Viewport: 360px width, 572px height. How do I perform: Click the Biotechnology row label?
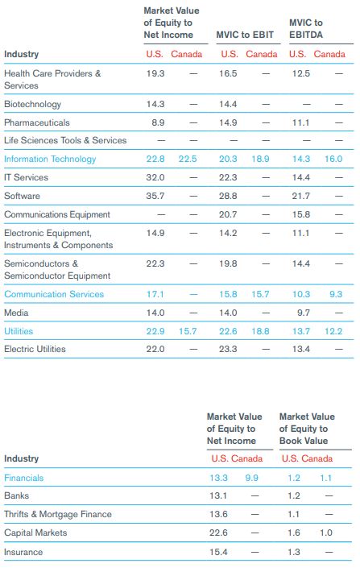(x=32, y=105)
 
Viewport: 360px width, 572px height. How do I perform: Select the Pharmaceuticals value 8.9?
(x=158, y=122)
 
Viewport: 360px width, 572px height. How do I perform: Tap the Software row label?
(x=22, y=196)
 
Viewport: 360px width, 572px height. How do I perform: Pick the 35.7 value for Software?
(x=155, y=196)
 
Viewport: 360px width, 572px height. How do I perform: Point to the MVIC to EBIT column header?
(x=245, y=35)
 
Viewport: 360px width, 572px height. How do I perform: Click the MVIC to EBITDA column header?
(x=306, y=29)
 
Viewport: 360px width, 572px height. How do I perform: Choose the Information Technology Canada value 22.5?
(x=188, y=159)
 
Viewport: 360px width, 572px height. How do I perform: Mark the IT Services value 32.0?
(x=155, y=178)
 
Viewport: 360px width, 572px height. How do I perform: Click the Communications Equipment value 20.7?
(x=228, y=214)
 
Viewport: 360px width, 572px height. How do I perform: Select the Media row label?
(x=16, y=313)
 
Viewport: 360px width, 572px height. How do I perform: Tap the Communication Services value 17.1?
(x=155, y=294)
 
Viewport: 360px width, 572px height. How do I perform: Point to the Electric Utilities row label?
(x=35, y=349)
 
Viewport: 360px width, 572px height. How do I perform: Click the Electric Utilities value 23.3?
(x=228, y=349)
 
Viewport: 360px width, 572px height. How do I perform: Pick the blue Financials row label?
(x=23, y=478)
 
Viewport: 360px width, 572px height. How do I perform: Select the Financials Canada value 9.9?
(x=251, y=478)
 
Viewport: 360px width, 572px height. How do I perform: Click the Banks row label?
(x=16, y=495)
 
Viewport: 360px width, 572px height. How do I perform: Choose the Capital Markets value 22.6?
(x=218, y=533)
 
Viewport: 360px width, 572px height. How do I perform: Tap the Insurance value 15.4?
(x=218, y=552)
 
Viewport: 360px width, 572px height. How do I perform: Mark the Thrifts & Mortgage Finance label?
(x=58, y=514)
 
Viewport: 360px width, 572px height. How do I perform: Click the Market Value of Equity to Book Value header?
(x=307, y=429)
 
